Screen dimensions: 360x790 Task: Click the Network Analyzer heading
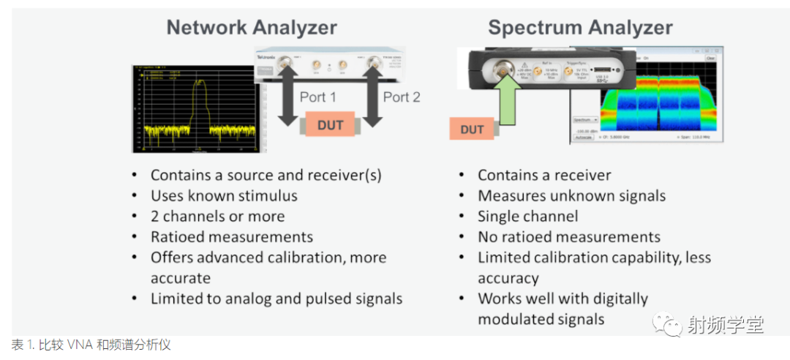(252, 28)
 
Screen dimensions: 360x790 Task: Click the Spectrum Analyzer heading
(580, 28)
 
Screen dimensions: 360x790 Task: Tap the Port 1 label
(318, 97)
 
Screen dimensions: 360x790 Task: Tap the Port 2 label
(402, 97)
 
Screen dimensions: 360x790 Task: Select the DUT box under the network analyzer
(330, 125)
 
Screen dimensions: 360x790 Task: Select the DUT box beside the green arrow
(473, 130)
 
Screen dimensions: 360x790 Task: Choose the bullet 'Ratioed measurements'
(231, 237)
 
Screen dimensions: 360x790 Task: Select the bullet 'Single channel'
(527, 217)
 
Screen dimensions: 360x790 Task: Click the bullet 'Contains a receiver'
(544, 176)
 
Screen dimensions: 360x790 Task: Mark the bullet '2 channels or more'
(217, 217)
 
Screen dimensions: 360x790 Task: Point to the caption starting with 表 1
(91, 345)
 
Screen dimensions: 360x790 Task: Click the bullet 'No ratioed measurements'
(568, 237)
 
